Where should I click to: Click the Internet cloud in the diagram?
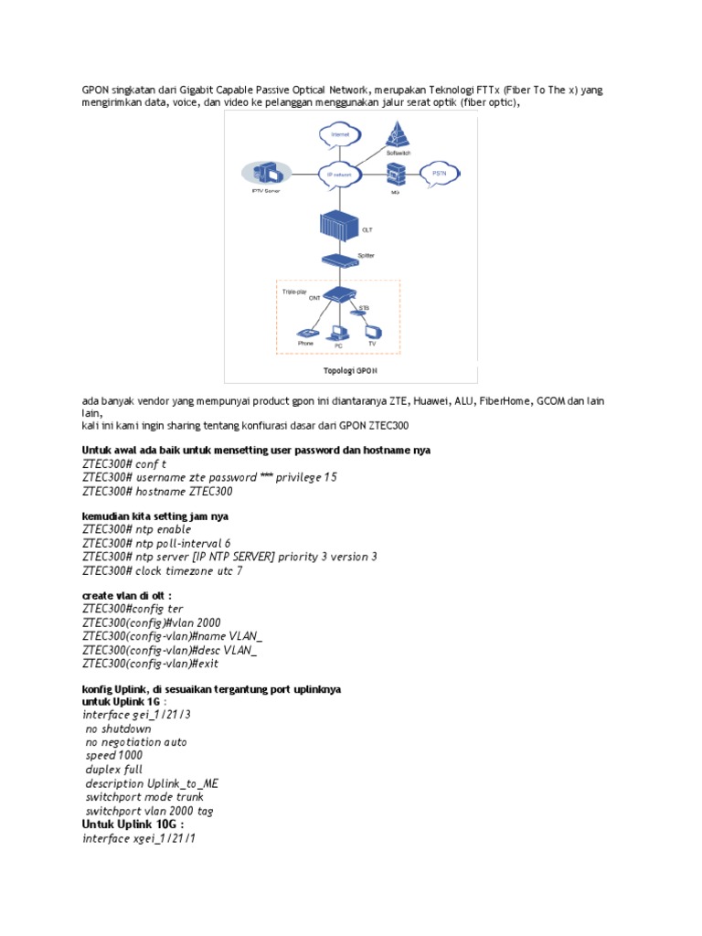coord(335,135)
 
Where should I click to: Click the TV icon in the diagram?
coord(371,332)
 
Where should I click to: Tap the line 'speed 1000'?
coord(113,756)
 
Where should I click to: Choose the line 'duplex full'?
coord(113,770)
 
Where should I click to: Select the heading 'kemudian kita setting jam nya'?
coord(154,516)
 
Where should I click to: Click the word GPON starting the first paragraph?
coord(95,90)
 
